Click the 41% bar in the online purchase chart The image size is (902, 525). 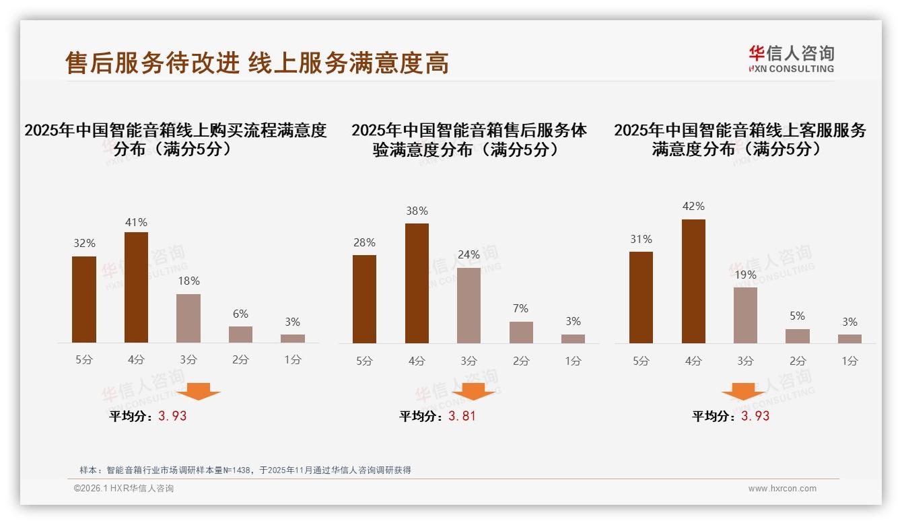136,287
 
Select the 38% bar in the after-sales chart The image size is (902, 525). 417,283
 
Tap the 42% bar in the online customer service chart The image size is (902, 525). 693,281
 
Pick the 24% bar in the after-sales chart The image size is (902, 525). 469,306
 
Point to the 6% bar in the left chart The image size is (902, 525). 240,335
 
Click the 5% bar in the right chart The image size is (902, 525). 798,336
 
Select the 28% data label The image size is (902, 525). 364,243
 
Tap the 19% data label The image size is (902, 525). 745,275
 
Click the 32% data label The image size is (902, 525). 84,244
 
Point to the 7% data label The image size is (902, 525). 520,309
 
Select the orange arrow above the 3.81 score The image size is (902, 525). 473,391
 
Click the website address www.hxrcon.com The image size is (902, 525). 782,489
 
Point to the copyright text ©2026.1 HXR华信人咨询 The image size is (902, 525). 124,489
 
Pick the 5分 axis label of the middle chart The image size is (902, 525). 364,361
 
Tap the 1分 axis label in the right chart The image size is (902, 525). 849,361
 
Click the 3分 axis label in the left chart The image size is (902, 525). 188,360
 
